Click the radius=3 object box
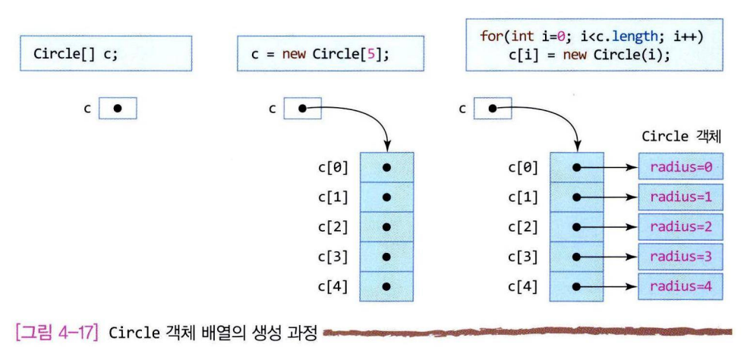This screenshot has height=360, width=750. point(680,257)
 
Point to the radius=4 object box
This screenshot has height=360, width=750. point(680,287)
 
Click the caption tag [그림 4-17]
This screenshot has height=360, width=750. point(52,331)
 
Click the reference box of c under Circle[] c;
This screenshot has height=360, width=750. point(118,108)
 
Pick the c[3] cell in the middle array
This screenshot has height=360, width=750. point(386,257)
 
